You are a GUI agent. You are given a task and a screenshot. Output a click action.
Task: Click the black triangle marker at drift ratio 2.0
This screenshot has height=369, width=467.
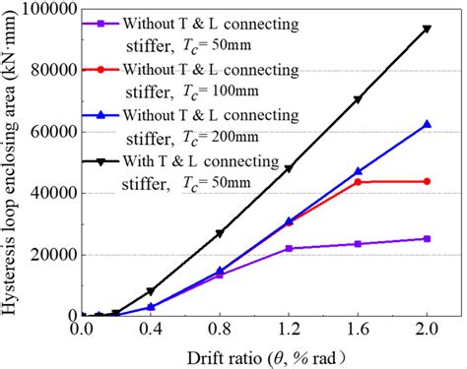tap(427, 29)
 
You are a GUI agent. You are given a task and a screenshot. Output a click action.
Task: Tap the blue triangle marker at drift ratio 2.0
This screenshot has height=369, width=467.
tap(427, 124)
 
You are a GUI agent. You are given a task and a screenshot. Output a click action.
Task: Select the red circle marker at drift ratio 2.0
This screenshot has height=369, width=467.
tap(427, 181)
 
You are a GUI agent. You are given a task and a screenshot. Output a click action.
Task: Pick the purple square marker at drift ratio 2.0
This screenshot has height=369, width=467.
tap(427, 238)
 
